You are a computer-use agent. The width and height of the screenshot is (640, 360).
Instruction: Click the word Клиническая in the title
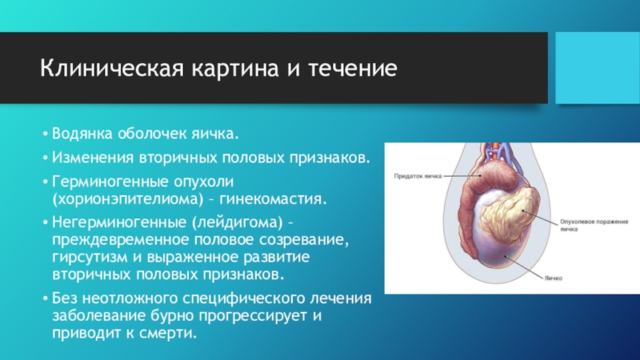[112, 68]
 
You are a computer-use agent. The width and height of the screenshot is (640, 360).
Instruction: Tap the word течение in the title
[353, 68]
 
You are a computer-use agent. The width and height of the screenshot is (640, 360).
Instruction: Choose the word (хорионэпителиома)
[128, 199]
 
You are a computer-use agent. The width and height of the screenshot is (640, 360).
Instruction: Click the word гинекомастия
[274, 199]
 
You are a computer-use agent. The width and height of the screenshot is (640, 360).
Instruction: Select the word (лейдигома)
[235, 222]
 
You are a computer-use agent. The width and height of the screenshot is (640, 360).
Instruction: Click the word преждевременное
[121, 240]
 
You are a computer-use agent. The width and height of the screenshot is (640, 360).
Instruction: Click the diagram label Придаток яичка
[418, 176]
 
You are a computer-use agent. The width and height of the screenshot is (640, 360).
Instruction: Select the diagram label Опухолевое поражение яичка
[594, 226]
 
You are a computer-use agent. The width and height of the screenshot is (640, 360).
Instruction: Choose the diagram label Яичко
[554, 278]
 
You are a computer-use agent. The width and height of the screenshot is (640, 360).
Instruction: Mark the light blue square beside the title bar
[598, 68]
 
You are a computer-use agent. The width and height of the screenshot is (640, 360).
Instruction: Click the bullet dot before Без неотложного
[46, 298]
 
